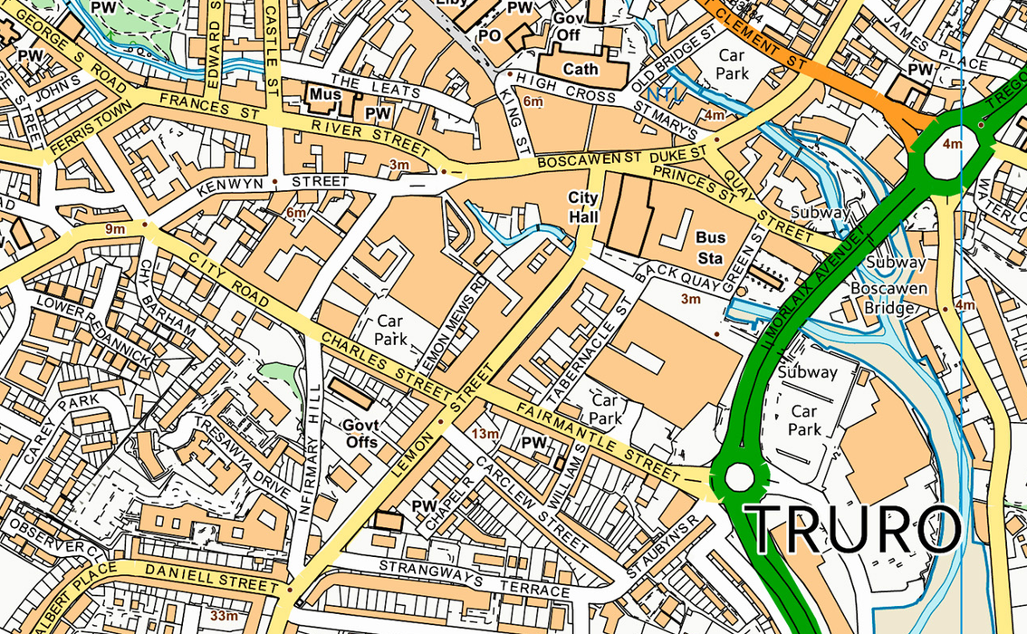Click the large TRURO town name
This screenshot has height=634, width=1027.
(x=851, y=529)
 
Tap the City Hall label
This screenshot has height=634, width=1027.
(x=584, y=207)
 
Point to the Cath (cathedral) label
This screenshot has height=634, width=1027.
(x=581, y=69)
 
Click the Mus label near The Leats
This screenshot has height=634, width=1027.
(x=323, y=93)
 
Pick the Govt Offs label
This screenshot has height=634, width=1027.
(x=360, y=433)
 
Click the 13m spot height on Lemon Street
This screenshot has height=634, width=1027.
(x=485, y=434)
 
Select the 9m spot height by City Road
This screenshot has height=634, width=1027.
(x=115, y=229)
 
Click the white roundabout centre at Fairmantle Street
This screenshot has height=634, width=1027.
(x=739, y=476)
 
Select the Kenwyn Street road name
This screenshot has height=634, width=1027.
(x=277, y=182)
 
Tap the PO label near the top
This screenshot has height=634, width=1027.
(x=489, y=35)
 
